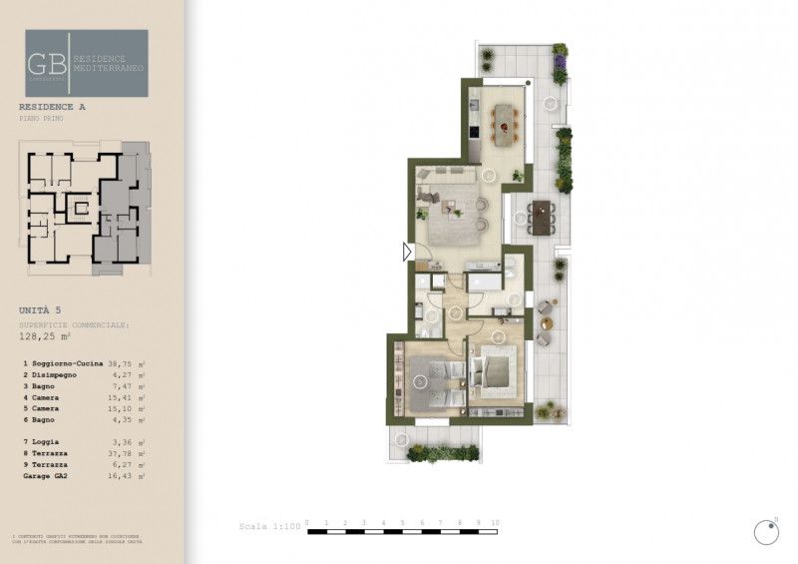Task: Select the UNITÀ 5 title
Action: pyautogui.click(x=40, y=310)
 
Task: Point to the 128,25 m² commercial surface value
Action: pyautogui.click(x=46, y=337)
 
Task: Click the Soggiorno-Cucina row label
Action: pyautogui.click(x=67, y=364)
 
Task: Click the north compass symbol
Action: pyautogui.click(x=766, y=532)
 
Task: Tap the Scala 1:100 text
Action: pyautogui.click(x=268, y=525)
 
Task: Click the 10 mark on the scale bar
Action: pyautogui.click(x=495, y=522)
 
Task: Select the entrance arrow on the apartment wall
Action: pyautogui.click(x=407, y=253)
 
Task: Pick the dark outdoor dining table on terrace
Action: pyautogui.click(x=543, y=215)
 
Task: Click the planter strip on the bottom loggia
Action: pyautogui.click(x=444, y=452)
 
